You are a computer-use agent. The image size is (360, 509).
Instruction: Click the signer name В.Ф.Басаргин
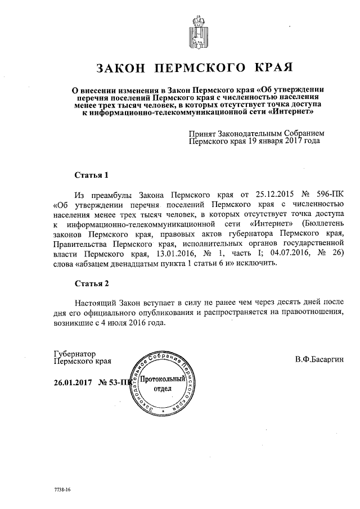(318, 359)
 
